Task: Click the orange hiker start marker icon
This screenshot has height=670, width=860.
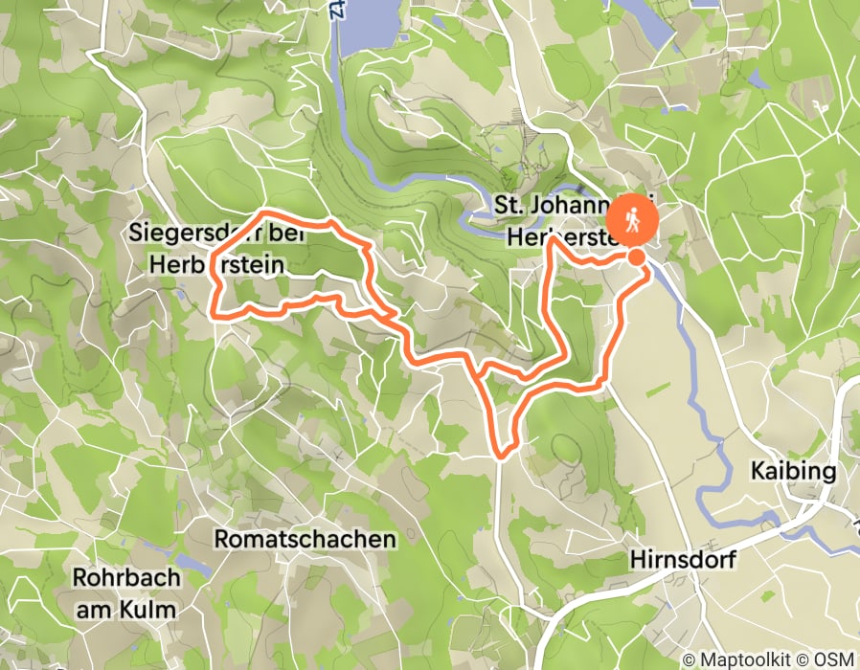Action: pos(632,220)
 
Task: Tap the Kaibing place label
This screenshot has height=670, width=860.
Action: pos(794,472)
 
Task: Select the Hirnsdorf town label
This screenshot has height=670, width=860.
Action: pos(683,559)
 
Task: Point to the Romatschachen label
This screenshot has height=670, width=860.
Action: pos(305,539)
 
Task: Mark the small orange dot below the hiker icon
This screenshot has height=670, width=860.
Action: pos(636,257)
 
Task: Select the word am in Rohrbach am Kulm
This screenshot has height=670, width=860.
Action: pos(93,609)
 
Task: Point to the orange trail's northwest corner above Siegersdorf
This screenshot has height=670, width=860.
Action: pos(265,211)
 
